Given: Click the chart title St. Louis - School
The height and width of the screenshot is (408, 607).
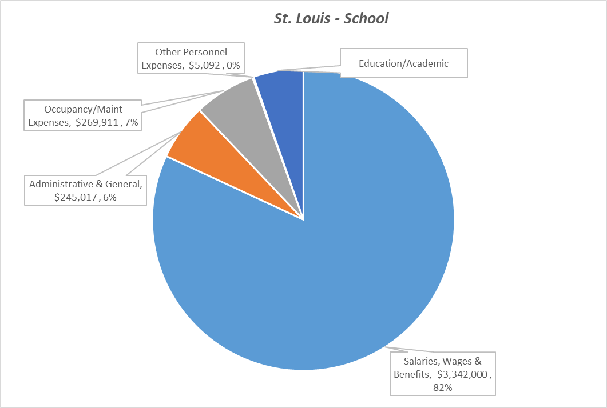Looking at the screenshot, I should pyautogui.click(x=331, y=18).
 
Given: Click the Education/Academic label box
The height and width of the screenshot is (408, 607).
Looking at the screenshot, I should pyautogui.click(x=403, y=63).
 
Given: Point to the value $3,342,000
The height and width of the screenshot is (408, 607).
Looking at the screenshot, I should pyautogui.click(x=463, y=374).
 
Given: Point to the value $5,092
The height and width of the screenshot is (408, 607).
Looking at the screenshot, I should pyautogui.click(x=205, y=65).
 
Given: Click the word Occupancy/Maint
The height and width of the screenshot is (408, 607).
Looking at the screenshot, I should pyautogui.click(x=84, y=109).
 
